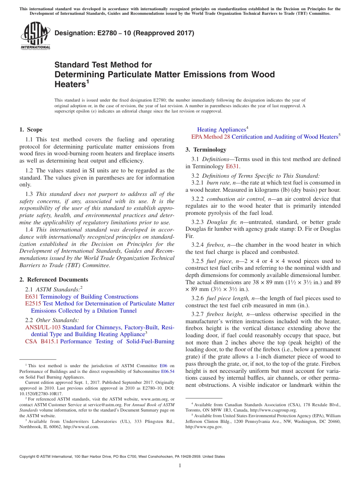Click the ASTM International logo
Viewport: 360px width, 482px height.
35,36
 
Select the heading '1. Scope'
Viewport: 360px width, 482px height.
31,130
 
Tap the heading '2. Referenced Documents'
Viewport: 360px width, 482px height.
53,280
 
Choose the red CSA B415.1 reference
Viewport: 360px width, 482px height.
42,341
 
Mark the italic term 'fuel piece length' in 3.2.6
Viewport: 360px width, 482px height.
229,298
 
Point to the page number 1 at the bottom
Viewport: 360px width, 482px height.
180,466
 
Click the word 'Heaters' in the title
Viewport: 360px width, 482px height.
70,84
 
